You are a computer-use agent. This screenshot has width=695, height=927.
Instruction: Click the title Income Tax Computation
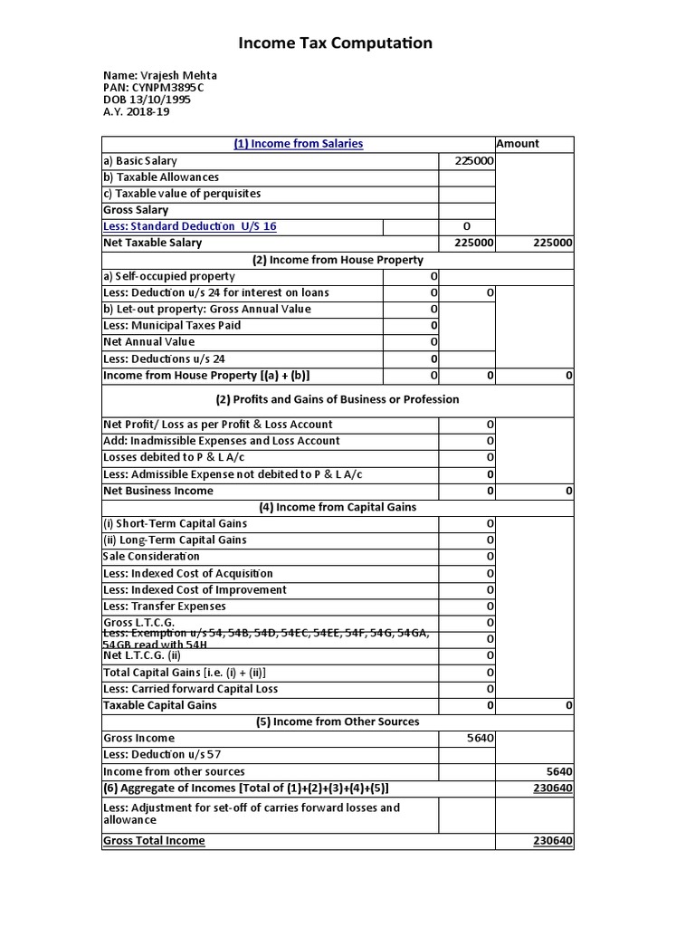[x=335, y=43]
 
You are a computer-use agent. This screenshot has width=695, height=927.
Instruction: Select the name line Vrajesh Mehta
[x=160, y=75]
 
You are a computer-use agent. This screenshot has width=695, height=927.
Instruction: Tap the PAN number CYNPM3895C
[x=153, y=88]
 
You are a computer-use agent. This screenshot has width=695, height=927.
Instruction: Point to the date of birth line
[x=148, y=100]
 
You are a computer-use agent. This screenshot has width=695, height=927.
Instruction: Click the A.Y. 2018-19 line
[x=137, y=112]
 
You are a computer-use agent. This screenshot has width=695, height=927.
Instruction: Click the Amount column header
[x=518, y=143]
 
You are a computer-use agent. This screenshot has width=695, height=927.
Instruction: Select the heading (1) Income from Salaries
[x=298, y=143]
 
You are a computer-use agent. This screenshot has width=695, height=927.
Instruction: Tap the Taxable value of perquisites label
[x=182, y=194]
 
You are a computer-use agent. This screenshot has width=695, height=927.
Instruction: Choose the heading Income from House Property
[x=338, y=260]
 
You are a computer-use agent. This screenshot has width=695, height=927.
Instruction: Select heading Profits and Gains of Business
[x=338, y=399]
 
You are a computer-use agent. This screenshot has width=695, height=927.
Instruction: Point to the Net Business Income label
[x=158, y=491]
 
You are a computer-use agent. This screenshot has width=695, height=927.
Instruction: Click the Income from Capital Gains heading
[x=338, y=507]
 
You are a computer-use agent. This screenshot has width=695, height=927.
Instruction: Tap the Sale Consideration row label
[x=151, y=557]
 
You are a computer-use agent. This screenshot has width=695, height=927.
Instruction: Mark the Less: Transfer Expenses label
[x=165, y=607]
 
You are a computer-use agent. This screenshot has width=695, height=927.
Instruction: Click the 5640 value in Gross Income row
[x=480, y=739]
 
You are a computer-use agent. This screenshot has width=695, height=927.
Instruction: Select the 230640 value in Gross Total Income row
[x=551, y=841]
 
